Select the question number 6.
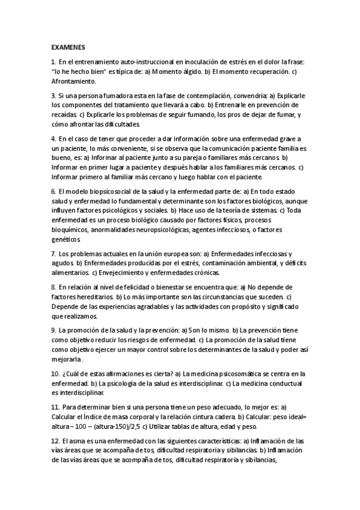(53, 191)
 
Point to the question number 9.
(53, 330)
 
